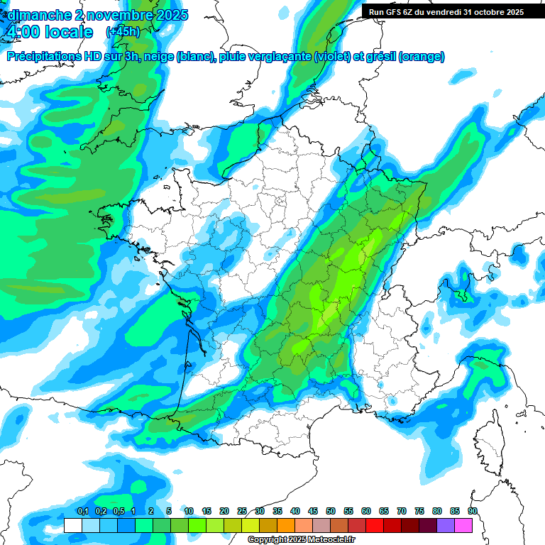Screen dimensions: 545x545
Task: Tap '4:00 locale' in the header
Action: pyautogui.click(x=48, y=32)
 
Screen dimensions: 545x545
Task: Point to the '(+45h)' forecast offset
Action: pyautogui.click(x=123, y=32)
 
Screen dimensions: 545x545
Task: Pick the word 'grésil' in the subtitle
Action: pyautogui.click(x=378, y=57)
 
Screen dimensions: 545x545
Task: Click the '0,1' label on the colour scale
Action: pyautogui.click(x=82, y=512)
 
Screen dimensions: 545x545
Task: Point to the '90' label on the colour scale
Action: pyautogui.click(x=473, y=512)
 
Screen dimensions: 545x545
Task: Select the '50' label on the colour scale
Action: pyautogui.click(x=331, y=512)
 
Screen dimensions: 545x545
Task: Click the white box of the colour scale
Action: pyautogui.click(x=72, y=525)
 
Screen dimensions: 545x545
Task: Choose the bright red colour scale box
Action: pyautogui.click(x=375, y=525)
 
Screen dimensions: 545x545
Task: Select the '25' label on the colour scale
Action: pyautogui.click(x=242, y=512)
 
